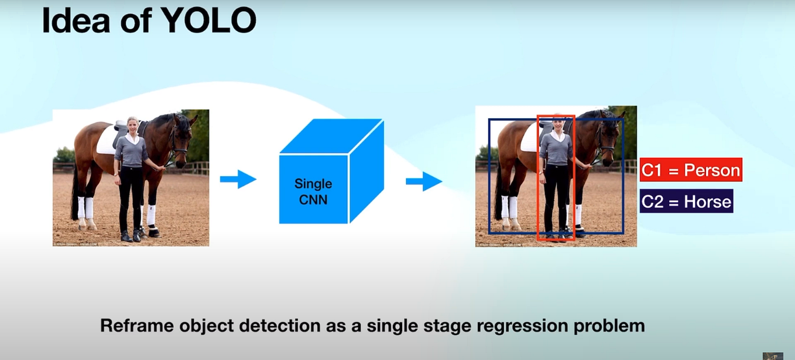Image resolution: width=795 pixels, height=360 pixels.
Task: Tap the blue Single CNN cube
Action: pyautogui.click(x=331, y=176)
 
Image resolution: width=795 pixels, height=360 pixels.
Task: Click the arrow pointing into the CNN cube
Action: pyautogui.click(x=238, y=179)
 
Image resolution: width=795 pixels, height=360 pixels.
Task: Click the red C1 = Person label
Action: pyautogui.click(x=691, y=170)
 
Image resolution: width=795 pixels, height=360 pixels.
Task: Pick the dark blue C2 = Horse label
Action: pyautogui.click(x=686, y=202)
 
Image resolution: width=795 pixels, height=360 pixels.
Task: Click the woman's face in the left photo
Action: pyautogui.click(x=132, y=125)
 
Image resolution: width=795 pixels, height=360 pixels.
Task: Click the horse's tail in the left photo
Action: pyautogui.click(x=75, y=193)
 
